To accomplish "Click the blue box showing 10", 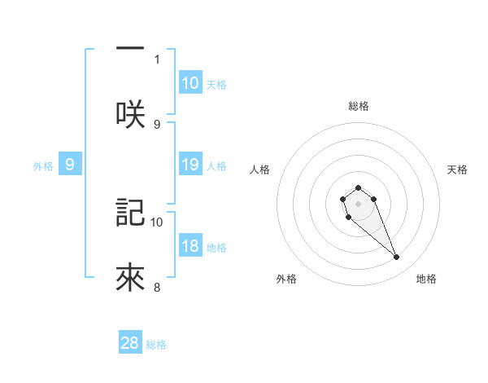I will [x=190, y=83].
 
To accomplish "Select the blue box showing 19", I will [x=190, y=165].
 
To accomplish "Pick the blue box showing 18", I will [x=190, y=247].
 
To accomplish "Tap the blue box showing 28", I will [x=130, y=343].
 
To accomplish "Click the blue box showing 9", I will [x=70, y=165].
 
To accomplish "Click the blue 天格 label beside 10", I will [x=216, y=84].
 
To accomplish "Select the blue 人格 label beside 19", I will [x=216, y=165].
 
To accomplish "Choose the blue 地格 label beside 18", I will [x=216, y=248].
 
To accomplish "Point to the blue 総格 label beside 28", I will [x=156, y=344].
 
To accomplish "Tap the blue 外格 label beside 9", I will [x=43, y=165].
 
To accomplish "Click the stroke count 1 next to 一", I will [x=157, y=59].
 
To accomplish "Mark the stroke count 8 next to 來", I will [x=157, y=287].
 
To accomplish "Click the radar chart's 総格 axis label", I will [x=358, y=106].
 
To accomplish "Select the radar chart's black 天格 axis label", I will [x=457, y=169].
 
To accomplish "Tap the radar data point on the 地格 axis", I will [x=397, y=258].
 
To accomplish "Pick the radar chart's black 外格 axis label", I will [x=286, y=279].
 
